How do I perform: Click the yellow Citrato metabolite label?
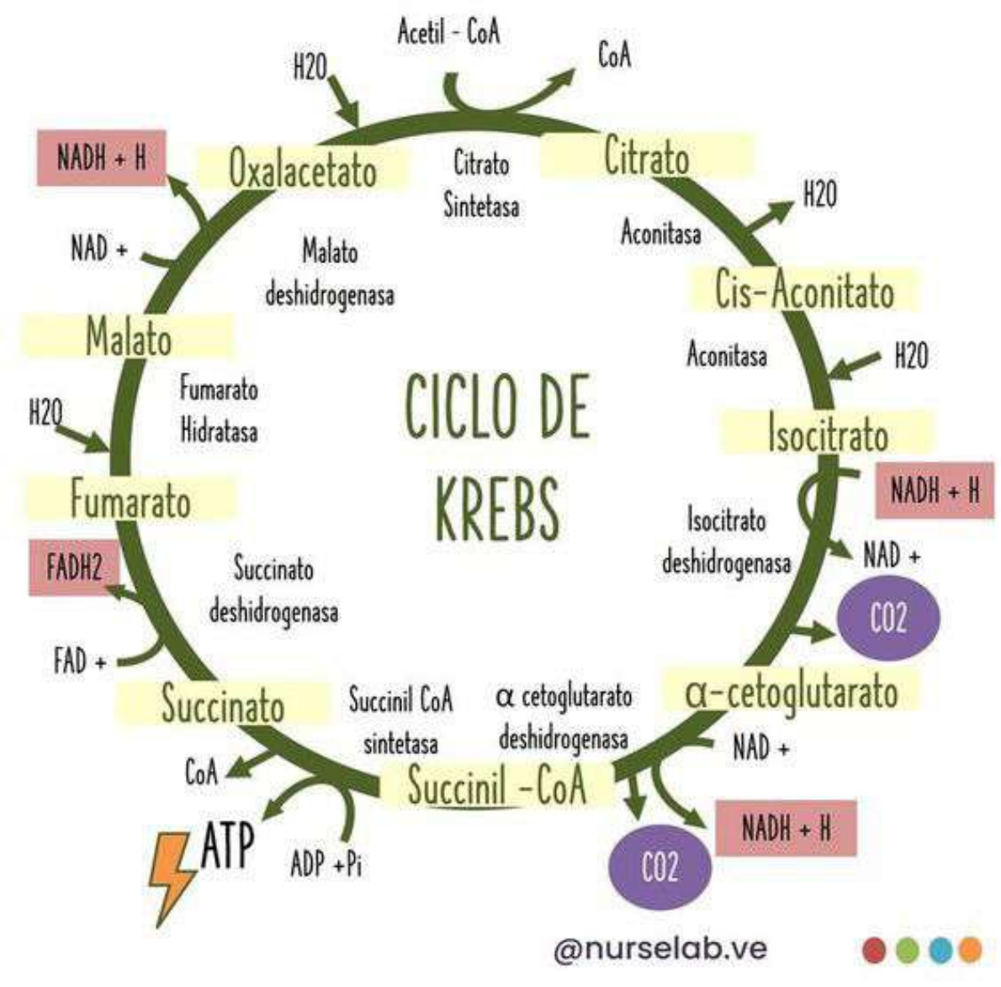646,157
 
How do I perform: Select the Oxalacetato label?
303,171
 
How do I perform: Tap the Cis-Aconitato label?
804,291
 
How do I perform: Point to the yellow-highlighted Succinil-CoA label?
497,786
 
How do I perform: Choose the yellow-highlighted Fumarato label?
130,501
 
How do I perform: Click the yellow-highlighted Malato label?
129,338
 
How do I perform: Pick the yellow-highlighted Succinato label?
223,705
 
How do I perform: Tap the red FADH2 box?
74,567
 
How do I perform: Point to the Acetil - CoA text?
448,33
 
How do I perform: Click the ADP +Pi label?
326,863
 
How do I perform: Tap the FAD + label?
80,662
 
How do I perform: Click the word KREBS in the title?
497,509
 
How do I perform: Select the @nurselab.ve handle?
660,948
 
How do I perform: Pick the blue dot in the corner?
940,950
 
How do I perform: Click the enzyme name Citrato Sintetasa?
481,184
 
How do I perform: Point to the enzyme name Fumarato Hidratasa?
219,409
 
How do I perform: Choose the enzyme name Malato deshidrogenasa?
330,273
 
